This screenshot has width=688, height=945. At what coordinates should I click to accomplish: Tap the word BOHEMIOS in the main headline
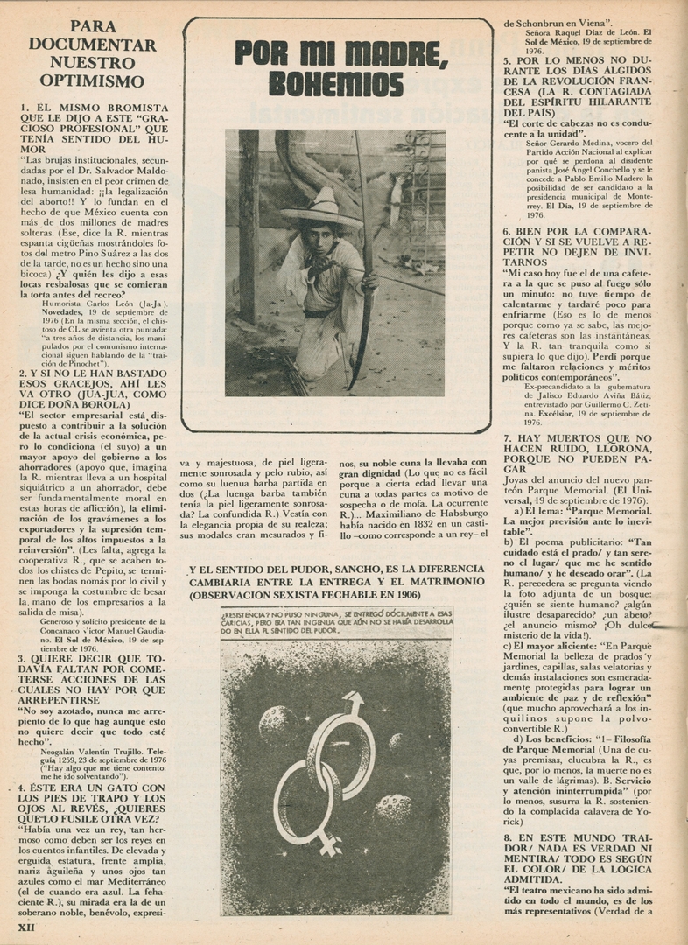[336, 84]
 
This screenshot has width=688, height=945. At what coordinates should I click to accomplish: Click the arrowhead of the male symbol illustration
[355, 703]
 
